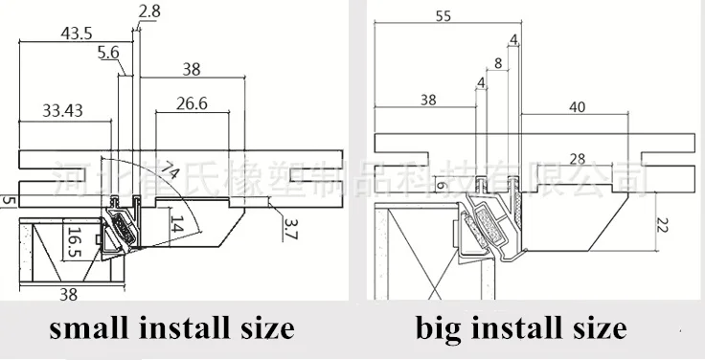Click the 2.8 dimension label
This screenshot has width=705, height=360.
point(149,11)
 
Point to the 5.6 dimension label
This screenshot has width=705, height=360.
point(109,55)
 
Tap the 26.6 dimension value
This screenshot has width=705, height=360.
point(191,102)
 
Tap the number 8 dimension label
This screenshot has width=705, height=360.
point(496,64)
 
